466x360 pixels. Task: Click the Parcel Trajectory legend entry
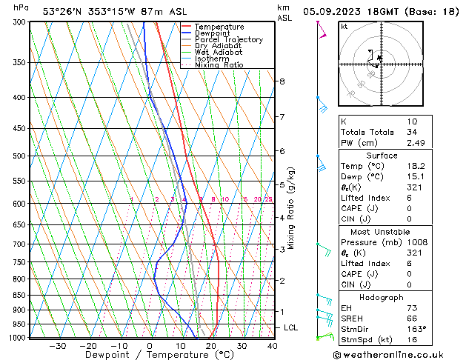click(x=228, y=39)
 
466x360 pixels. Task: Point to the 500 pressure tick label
click(x=19, y=156)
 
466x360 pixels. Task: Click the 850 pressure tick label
click(x=19, y=295)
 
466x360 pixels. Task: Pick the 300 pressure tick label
click(x=19, y=22)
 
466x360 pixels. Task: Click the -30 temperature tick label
click(x=57, y=346)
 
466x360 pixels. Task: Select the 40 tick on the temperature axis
click(x=273, y=346)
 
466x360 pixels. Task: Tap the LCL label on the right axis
click(x=292, y=327)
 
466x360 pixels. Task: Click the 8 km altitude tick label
click(x=282, y=81)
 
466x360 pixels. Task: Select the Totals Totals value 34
click(x=413, y=132)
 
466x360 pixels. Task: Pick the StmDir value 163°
click(x=416, y=329)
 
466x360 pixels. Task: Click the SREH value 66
click(x=413, y=318)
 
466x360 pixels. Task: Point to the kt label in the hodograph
click(x=344, y=27)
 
